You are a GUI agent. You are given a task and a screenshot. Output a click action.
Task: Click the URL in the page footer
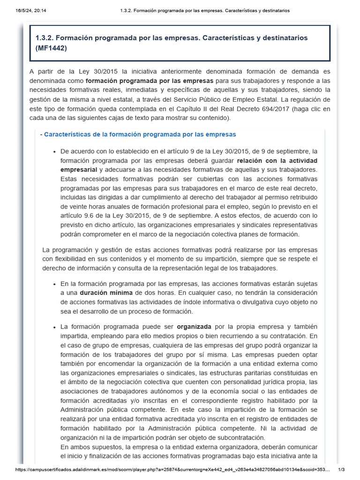tap(173, 470)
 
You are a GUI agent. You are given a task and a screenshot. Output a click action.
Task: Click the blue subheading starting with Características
tap(138, 135)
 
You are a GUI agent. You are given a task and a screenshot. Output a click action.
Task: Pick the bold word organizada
tap(194, 326)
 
